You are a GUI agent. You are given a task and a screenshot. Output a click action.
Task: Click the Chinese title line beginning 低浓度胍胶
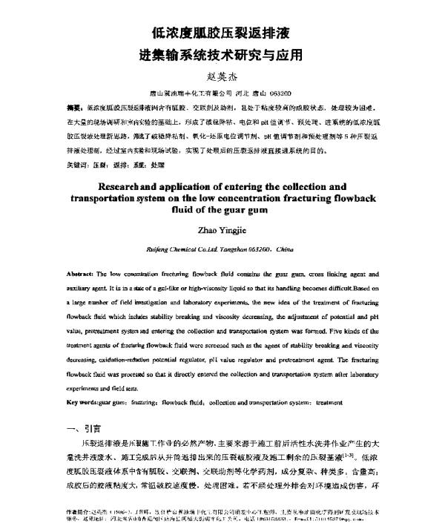pyautogui.click(x=222, y=32)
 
